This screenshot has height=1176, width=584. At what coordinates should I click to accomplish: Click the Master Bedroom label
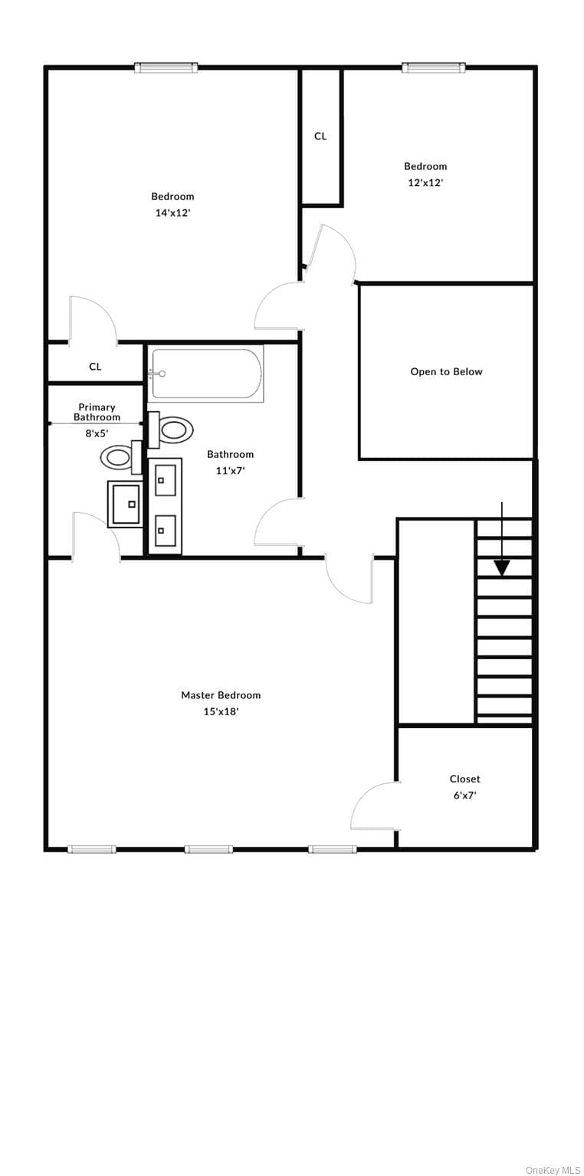click(x=221, y=695)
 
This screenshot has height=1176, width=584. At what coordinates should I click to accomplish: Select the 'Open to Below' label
click(x=446, y=371)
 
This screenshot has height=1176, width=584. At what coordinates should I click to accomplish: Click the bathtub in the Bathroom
click(x=205, y=374)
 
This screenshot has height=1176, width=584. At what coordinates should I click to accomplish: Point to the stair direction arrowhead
click(x=503, y=567)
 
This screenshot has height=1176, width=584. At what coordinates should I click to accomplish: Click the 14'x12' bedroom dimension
click(x=172, y=213)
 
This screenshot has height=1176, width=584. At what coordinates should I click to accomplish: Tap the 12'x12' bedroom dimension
click(x=425, y=183)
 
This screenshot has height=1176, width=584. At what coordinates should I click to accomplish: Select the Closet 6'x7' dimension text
click(x=465, y=795)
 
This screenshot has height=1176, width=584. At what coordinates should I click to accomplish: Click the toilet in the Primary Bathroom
click(x=121, y=457)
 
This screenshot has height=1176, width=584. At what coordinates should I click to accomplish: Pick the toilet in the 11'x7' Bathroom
click(x=171, y=430)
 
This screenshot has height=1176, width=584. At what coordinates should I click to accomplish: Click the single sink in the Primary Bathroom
click(x=125, y=504)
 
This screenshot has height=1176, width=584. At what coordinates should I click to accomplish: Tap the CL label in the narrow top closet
click(x=320, y=136)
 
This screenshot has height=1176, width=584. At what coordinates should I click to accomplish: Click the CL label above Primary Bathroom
click(x=95, y=367)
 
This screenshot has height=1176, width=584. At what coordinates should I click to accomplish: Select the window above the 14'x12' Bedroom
click(x=166, y=67)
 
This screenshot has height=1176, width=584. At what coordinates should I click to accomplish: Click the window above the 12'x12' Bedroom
click(x=435, y=67)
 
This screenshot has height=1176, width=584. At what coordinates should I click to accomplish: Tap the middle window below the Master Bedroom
click(x=208, y=849)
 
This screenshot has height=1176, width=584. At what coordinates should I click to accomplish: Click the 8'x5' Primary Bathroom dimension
click(x=97, y=433)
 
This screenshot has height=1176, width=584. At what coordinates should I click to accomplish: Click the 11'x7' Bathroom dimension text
click(x=230, y=470)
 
